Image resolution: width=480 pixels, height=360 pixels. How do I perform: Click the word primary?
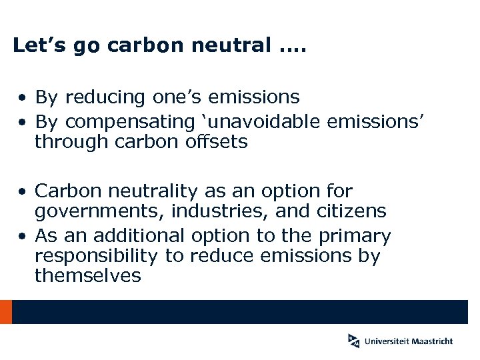click(354, 236)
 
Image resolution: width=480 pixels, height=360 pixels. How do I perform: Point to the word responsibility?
click(96, 256)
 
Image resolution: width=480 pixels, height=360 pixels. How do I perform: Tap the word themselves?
click(88, 276)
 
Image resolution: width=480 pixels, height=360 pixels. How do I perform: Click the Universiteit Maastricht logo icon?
click(353, 340)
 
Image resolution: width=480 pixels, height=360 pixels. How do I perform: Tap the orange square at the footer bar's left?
click(5, 312)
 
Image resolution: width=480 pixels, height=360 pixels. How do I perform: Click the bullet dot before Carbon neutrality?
click(23, 192)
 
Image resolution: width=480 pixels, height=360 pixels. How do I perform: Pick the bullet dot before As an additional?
click(23, 236)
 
